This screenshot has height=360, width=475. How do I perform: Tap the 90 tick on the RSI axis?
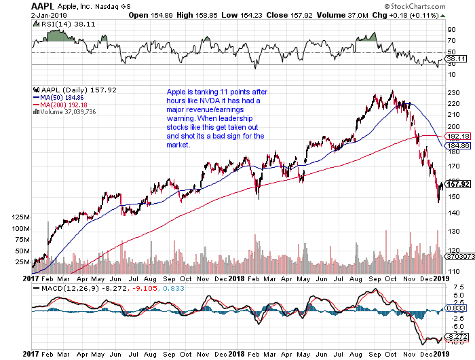449,30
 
